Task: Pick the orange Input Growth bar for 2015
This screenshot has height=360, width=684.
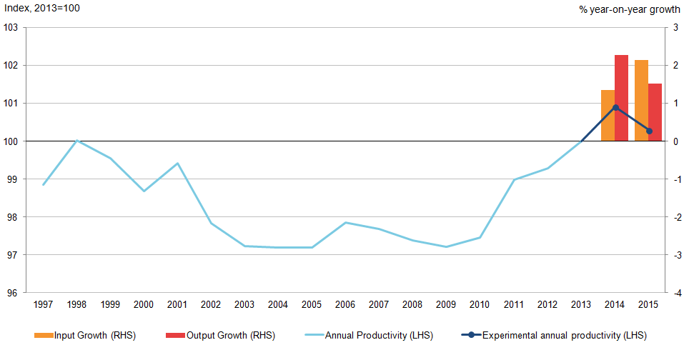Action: [641, 100]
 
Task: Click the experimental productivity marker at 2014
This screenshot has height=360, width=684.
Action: [615, 107]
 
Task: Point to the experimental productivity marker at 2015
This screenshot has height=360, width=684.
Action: [649, 131]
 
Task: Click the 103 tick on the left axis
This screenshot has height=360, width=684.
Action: [11, 28]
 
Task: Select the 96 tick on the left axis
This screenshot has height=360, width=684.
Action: [11, 293]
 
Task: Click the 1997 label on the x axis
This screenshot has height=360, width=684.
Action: [44, 305]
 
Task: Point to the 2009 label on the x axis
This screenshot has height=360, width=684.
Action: [447, 305]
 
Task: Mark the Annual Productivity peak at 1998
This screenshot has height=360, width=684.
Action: [77, 141]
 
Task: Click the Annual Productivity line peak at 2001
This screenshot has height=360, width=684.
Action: [178, 164]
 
